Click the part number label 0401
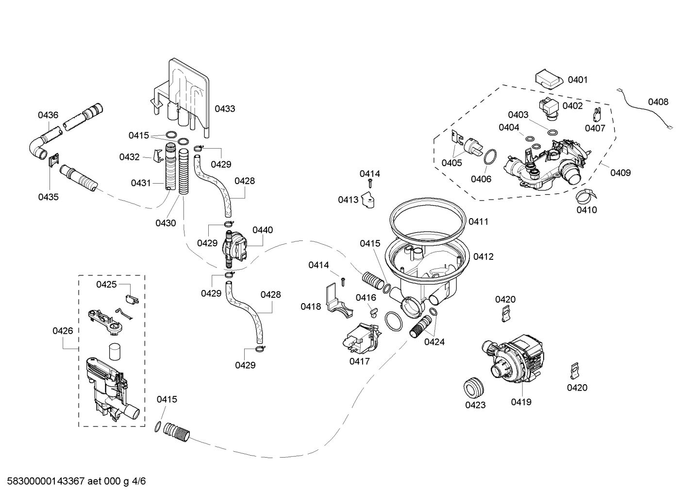577,80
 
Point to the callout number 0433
225,109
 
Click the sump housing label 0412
483,256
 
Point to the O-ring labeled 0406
490,158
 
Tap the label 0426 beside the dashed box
63,331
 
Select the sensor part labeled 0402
549,107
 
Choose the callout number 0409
620,172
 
